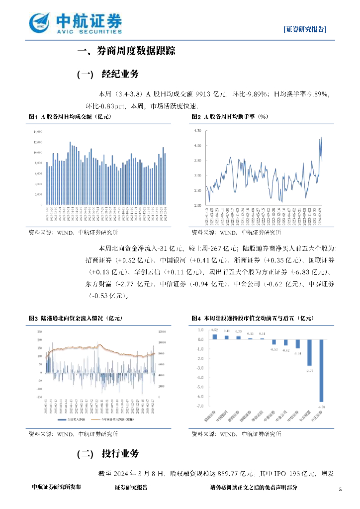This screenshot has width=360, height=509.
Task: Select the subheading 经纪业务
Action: [x=120, y=75]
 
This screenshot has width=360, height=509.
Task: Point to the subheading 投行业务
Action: [x=120, y=454]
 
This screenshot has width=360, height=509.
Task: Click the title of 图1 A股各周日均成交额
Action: [x=70, y=117]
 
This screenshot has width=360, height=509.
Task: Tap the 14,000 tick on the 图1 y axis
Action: [x=37, y=132]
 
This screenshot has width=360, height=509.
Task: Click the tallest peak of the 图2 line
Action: [x=321, y=137]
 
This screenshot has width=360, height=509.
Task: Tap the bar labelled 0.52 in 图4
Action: [x=215, y=337]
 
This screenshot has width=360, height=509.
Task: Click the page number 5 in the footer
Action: [x=340, y=490]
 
